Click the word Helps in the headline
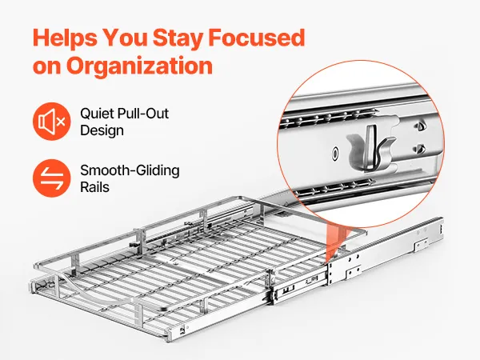coord(66,38)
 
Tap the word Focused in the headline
coord(257,38)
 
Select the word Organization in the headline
coord(139,66)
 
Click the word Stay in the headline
coord(178,38)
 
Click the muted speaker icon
coord(52,122)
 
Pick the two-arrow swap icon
coord(52,178)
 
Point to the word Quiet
coord(97,114)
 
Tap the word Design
coord(102,130)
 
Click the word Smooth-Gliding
coord(130,171)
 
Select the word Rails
coord(94,187)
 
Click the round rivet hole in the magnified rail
coord(335,153)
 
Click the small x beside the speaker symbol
coord(60,122)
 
